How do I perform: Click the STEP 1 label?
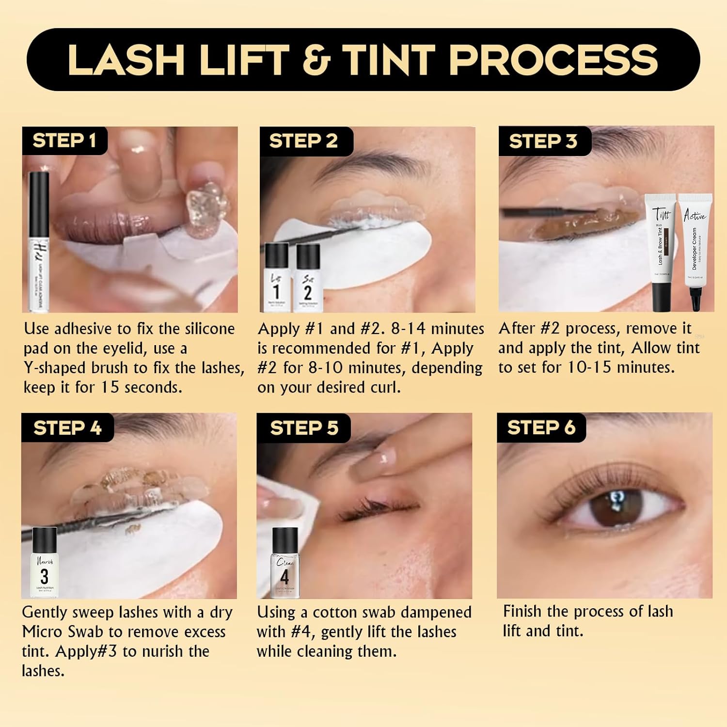[x=64, y=141]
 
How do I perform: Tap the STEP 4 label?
[x=67, y=427]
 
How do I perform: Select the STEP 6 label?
[x=541, y=427]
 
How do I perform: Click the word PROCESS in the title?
[x=553, y=60]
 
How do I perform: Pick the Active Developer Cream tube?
[x=695, y=250]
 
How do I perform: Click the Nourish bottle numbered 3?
[x=45, y=562]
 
